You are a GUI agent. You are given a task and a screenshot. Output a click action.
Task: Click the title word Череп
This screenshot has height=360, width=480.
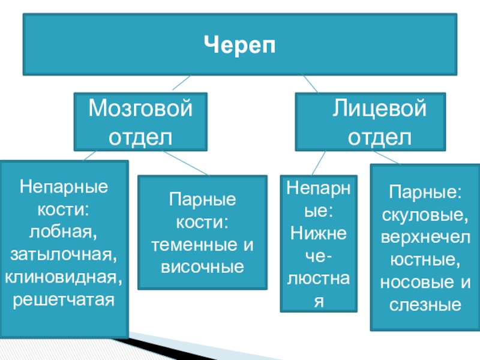pyautogui.click(x=239, y=45)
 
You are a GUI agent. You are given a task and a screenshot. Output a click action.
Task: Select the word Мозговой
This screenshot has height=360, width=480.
pyautogui.click(x=140, y=110)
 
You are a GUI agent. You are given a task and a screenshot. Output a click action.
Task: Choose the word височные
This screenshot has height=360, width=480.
pyautogui.click(x=202, y=266)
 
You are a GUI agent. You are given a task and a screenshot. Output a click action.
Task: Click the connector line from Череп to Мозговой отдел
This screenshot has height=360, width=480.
pyautogui.click(x=180, y=84)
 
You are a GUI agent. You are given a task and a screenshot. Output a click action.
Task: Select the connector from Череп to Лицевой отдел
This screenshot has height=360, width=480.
pyautogui.click(x=311, y=84)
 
